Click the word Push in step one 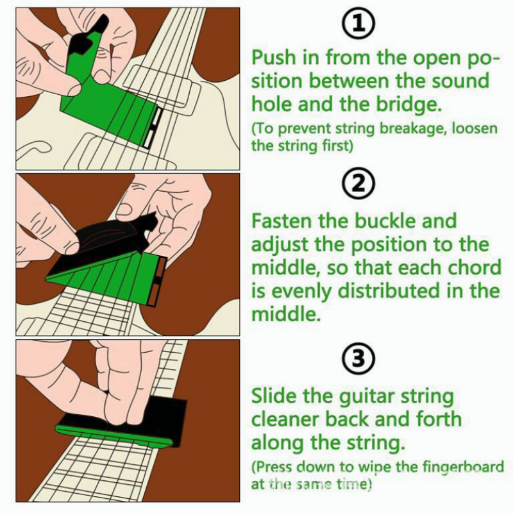[276, 58]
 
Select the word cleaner [291, 419]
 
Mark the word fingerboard [459, 467]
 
